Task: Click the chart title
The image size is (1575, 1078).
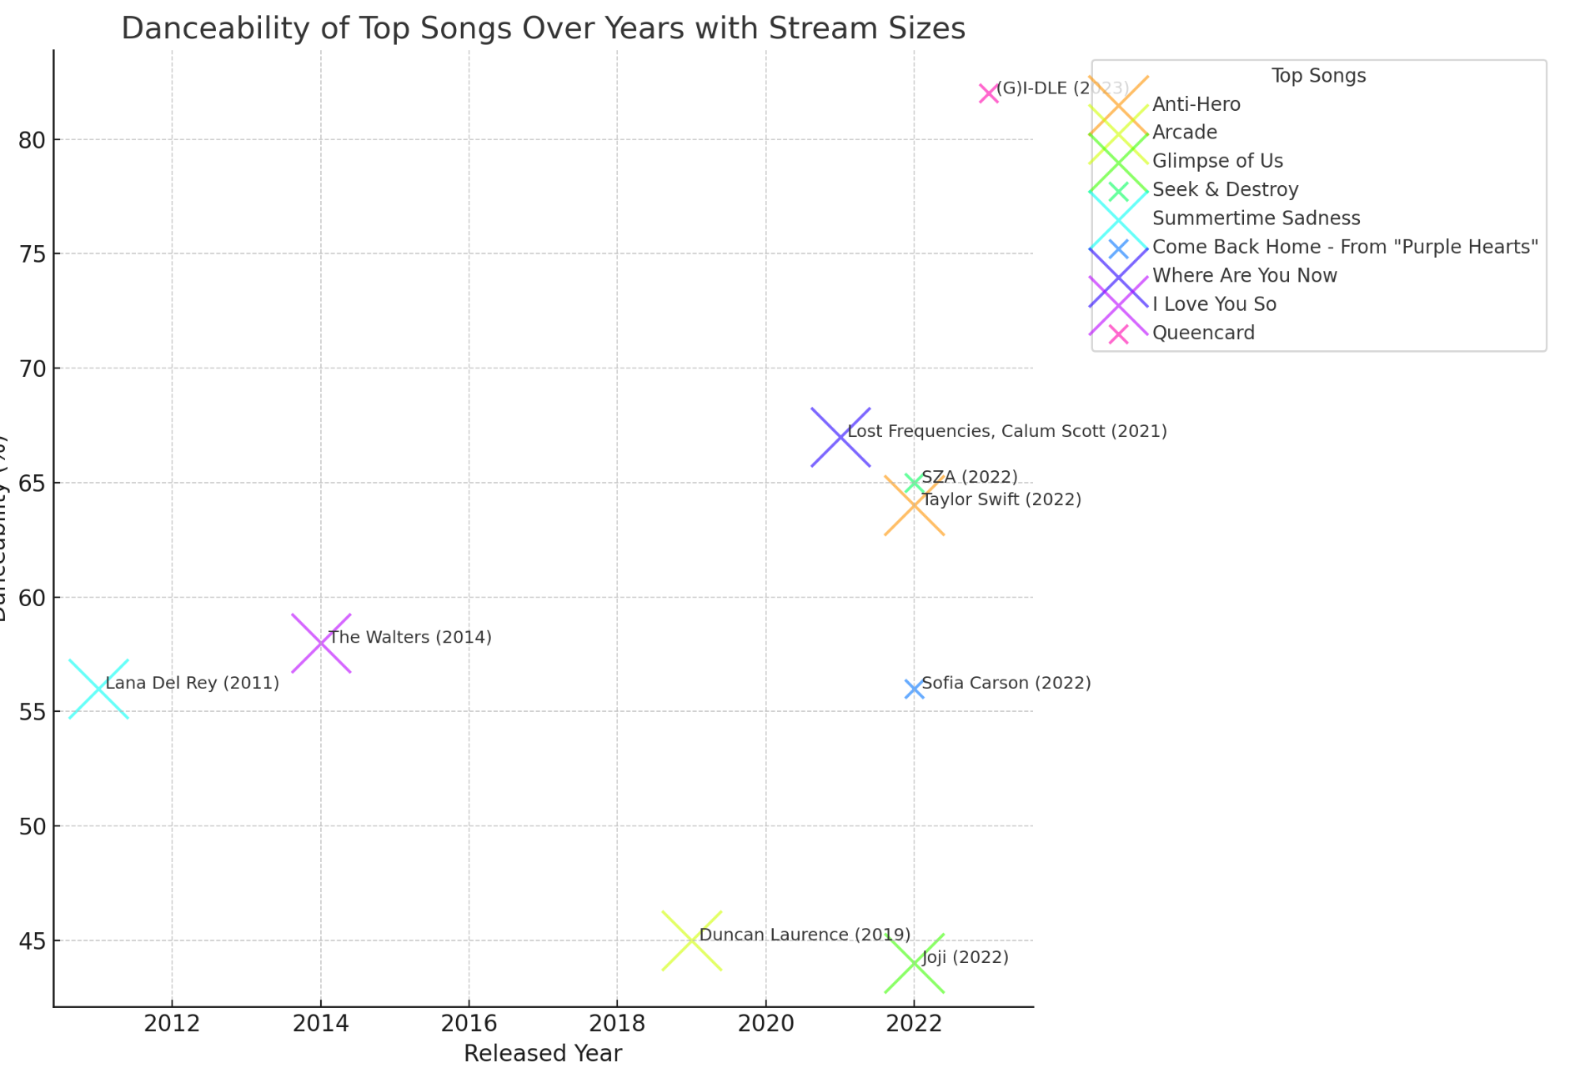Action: [x=543, y=28]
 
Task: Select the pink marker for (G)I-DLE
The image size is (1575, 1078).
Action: [x=988, y=93]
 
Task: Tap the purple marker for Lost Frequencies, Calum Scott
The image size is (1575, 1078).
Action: [x=840, y=437]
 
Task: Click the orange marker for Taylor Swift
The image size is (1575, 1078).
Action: [x=914, y=505]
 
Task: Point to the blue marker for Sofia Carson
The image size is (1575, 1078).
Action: [x=914, y=689]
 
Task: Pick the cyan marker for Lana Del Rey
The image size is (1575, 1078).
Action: [x=98, y=689]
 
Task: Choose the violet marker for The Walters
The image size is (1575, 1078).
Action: [x=321, y=643]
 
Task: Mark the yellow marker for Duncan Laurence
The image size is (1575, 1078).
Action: [x=691, y=940]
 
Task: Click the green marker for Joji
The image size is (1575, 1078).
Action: [x=914, y=963]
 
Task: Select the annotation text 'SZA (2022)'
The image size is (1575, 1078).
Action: [x=969, y=477]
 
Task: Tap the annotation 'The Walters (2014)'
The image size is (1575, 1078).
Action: [x=410, y=637]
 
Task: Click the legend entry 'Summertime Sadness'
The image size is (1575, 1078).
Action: [x=1256, y=218]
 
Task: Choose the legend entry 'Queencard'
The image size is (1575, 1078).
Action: [x=1203, y=333]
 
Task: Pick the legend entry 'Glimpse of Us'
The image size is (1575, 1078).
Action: [x=1217, y=161]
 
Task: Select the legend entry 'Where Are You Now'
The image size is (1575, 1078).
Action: [x=1244, y=276]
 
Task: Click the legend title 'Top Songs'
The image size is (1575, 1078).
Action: [x=1318, y=76]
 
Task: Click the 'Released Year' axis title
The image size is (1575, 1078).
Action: [x=543, y=1054]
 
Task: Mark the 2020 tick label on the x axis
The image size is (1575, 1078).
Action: [x=765, y=1023]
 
